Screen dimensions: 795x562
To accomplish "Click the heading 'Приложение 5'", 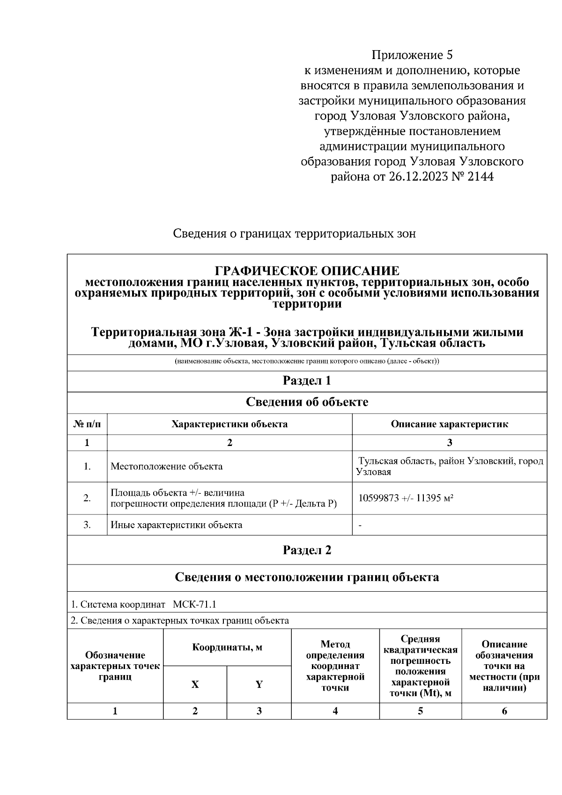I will [x=412, y=55].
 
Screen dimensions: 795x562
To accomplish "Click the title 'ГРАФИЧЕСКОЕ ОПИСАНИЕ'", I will [x=307, y=271].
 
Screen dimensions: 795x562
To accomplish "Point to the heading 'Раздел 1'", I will [x=307, y=381].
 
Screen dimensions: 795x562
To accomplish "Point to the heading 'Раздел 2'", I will [x=307, y=550].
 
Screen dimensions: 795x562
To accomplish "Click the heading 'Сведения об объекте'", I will [x=307, y=402].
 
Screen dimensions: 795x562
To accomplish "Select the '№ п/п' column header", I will [x=87, y=424].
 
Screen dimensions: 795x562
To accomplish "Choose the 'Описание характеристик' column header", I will [x=449, y=424].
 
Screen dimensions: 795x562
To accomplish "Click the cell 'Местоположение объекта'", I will [x=166, y=467].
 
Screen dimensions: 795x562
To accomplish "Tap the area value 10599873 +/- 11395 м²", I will [x=405, y=498].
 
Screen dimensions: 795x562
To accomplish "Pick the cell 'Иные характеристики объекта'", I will [x=176, y=525].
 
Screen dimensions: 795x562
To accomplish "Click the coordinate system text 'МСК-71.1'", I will [x=194, y=604].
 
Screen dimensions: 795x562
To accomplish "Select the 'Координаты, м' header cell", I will [x=227, y=648].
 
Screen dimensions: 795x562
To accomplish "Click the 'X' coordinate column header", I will [x=195, y=684].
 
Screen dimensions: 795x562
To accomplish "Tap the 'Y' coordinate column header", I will [x=259, y=684].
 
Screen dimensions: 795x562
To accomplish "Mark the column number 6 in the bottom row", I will [x=504, y=711].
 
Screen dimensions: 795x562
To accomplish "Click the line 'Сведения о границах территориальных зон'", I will [x=294, y=233].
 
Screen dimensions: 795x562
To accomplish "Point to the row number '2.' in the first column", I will [x=87, y=498].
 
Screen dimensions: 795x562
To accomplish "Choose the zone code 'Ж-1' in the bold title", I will [x=244, y=332].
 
